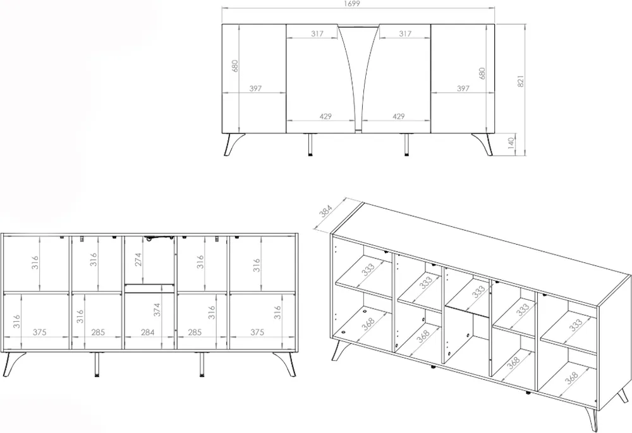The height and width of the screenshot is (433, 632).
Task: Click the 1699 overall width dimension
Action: click(352, 4)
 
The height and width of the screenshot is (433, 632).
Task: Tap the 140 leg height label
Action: click(511, 143)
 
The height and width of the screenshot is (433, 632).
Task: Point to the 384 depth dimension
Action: click(325, 211)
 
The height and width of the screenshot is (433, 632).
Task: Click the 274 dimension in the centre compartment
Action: click(138, 260)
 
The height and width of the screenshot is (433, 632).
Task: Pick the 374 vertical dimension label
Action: click(157, 310)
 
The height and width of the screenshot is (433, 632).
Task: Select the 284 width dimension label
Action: click(148, 332)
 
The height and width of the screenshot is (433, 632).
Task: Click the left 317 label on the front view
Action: click(317, 34)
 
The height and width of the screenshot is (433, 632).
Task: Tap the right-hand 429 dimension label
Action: click(398, 116)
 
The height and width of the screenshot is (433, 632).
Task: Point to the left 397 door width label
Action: click(255, 88)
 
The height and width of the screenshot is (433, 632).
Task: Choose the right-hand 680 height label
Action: click(482, 73)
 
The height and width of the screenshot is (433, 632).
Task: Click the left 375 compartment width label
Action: click(39, 332)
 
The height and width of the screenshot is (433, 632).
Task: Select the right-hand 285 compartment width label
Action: click(195, 332)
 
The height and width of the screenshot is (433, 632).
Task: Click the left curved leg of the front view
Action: click(233, 144)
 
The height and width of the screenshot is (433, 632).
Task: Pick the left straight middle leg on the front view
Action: click(310, 144)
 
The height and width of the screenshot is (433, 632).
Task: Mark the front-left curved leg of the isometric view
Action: click(339, 350)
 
